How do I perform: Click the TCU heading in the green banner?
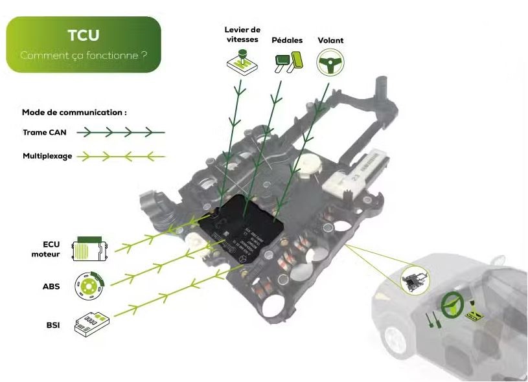tap(83, 35)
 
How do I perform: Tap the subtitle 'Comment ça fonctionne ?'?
tap(83, 56)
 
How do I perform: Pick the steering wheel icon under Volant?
tap(330, 63)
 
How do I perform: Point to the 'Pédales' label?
tap(287, 40)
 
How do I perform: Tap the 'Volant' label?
tap(330, 40)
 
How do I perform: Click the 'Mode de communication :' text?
tap(74, 112)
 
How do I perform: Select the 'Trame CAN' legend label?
tap(44, 133)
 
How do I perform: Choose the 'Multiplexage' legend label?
tap(47, 156)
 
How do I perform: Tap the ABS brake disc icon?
tap(89, 286)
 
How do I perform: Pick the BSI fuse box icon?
tap(90, 323)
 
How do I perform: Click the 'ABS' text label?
tap(51, 286)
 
